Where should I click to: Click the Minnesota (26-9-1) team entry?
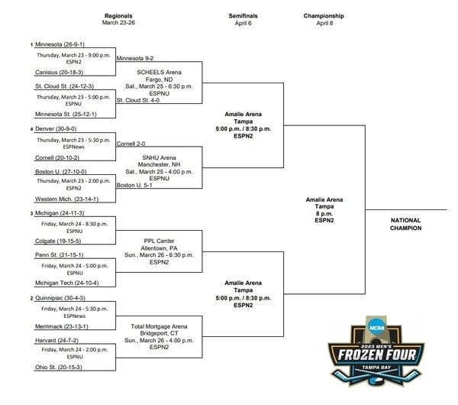[60, 44]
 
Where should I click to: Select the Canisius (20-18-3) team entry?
[59, 73]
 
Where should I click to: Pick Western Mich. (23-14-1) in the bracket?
[66, 199]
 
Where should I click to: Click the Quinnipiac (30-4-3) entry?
[60, 298]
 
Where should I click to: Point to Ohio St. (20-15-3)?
[59, 367]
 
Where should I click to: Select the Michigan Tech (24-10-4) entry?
[67, 283]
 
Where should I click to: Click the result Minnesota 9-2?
[135, 58]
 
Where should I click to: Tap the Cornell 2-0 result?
[131, 144]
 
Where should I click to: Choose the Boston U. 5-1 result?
[134, 185]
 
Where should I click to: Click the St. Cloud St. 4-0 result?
[138, 100]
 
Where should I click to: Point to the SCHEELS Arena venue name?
[160, 73]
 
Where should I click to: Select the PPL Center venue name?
[160, 241]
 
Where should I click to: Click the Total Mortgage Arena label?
[159, 326]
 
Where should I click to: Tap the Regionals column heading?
[118, 16]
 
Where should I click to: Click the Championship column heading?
[324, 16]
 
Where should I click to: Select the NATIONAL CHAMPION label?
[406, 225]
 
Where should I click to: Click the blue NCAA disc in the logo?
[376, 328]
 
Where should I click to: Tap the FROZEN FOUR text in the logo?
[377, 355]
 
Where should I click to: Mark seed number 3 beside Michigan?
[31, 213]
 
